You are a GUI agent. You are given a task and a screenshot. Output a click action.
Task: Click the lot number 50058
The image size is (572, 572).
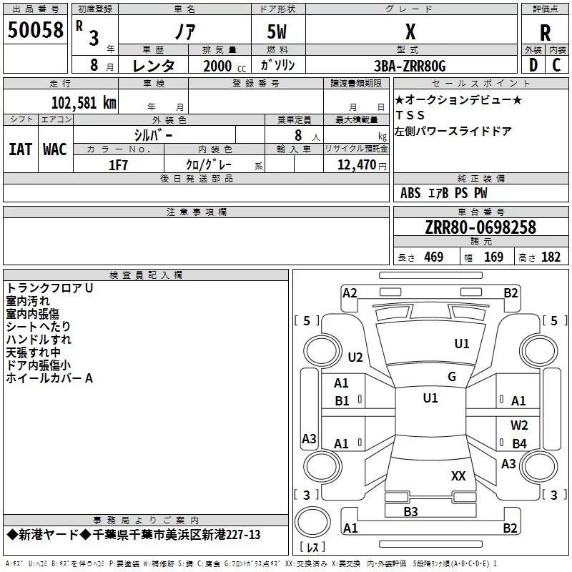pos(35,30)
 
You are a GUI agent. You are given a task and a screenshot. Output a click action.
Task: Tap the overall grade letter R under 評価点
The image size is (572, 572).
pos(545,33)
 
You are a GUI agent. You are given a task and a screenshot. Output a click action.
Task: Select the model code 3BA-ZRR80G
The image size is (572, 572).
pos(410,66)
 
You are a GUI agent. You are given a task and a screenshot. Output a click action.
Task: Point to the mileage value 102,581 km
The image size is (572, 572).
pos(84,103)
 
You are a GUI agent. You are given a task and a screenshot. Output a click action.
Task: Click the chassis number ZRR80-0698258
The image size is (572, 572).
pos(480,227)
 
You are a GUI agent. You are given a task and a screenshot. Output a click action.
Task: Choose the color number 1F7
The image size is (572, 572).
pos(118,165)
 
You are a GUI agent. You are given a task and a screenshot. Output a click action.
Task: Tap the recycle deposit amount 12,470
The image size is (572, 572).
pos(356,165)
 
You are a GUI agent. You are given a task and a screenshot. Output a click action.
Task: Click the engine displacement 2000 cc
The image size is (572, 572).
pos(225,66)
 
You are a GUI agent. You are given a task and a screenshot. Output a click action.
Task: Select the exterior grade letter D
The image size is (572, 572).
pos(533,65)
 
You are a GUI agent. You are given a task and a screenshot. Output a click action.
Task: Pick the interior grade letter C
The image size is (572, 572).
pos(556,65)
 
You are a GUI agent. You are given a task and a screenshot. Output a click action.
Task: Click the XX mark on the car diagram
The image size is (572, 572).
pos(458,476)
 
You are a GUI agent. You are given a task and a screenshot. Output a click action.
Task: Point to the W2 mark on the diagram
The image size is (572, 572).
pos(519,425)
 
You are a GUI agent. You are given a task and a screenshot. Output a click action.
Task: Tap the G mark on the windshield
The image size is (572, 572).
pos(452,377)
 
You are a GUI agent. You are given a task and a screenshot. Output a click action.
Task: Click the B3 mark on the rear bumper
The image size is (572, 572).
pos(410,512)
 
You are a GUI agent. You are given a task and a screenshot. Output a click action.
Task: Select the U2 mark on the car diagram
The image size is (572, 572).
pos(355,357)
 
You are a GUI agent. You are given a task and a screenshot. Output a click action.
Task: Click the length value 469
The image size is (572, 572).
pos(434,257)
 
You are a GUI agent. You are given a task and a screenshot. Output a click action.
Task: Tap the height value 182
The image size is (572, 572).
pos(551,257)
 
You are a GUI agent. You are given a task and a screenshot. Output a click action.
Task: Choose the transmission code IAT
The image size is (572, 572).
pos(20,149)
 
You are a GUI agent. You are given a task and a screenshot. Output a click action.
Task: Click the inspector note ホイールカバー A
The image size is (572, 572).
pos(49,378)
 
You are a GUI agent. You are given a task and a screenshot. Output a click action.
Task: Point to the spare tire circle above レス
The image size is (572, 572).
pos(312,522)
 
